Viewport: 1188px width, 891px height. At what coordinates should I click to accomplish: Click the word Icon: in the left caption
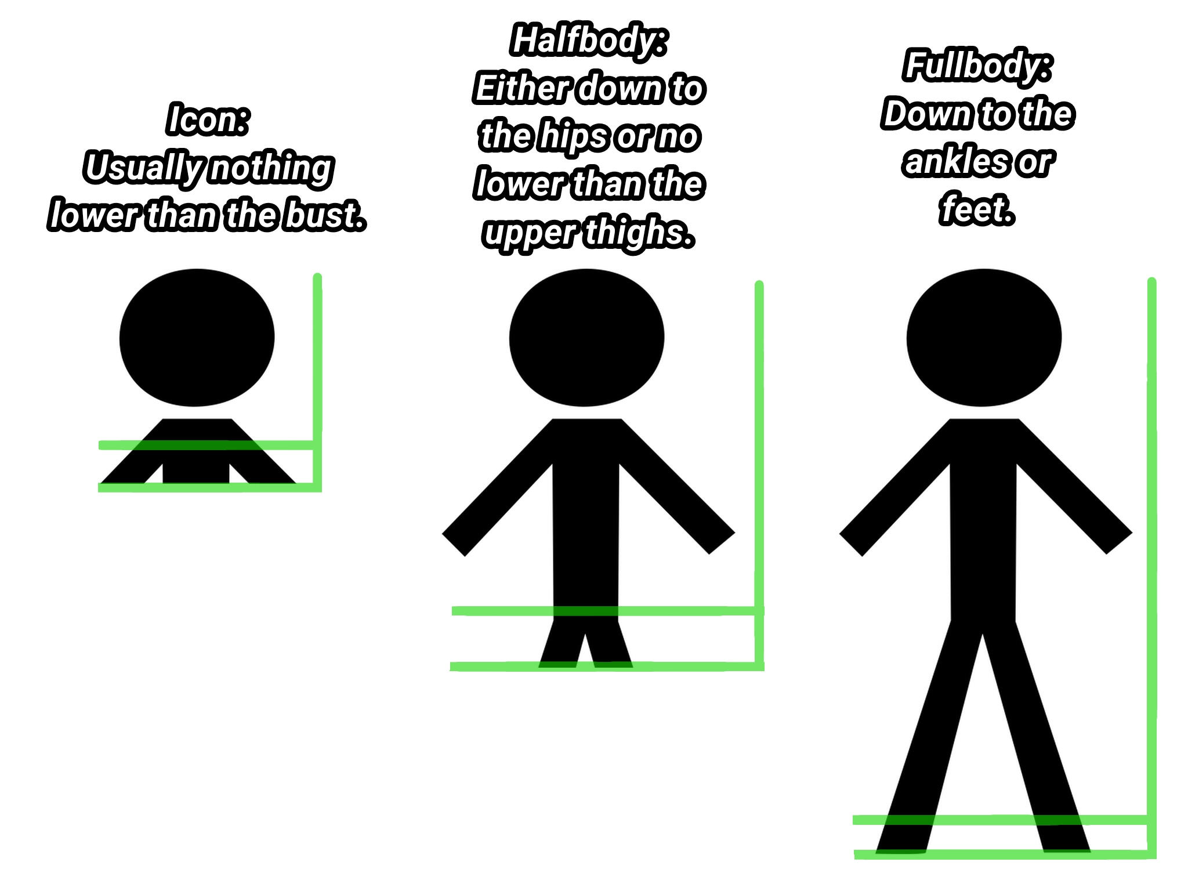pos(208,119)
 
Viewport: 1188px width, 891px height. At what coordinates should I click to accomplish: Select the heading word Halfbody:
pos(589,41)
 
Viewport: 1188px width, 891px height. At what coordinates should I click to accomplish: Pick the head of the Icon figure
pos(197,338)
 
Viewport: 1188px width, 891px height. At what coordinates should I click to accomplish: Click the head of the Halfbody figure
pos(586,338)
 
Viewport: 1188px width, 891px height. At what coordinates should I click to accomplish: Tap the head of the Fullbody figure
pos(984,338)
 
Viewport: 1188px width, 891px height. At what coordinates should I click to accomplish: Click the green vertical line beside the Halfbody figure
pos(759,476)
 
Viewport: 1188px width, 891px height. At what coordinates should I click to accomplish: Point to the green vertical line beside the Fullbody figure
pos(1152,568)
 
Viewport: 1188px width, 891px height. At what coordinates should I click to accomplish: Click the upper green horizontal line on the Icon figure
pos(208,445)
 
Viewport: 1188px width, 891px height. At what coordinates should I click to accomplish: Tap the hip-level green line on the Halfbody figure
pos(607,611)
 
